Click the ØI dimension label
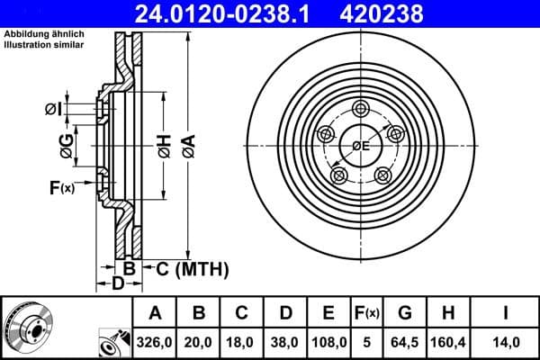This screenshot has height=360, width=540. (x=53, y=110)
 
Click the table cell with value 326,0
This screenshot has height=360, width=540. (x=156, y=342)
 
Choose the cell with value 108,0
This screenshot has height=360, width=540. (x=328, y=342)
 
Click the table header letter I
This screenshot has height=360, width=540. (x=505, y=314)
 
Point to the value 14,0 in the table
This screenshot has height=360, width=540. (x=505, y=342)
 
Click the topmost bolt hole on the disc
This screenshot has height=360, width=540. (x=361, y=109)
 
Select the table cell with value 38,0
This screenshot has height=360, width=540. (x=285, y=342)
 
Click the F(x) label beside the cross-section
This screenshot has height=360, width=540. (x=62, y=188)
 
